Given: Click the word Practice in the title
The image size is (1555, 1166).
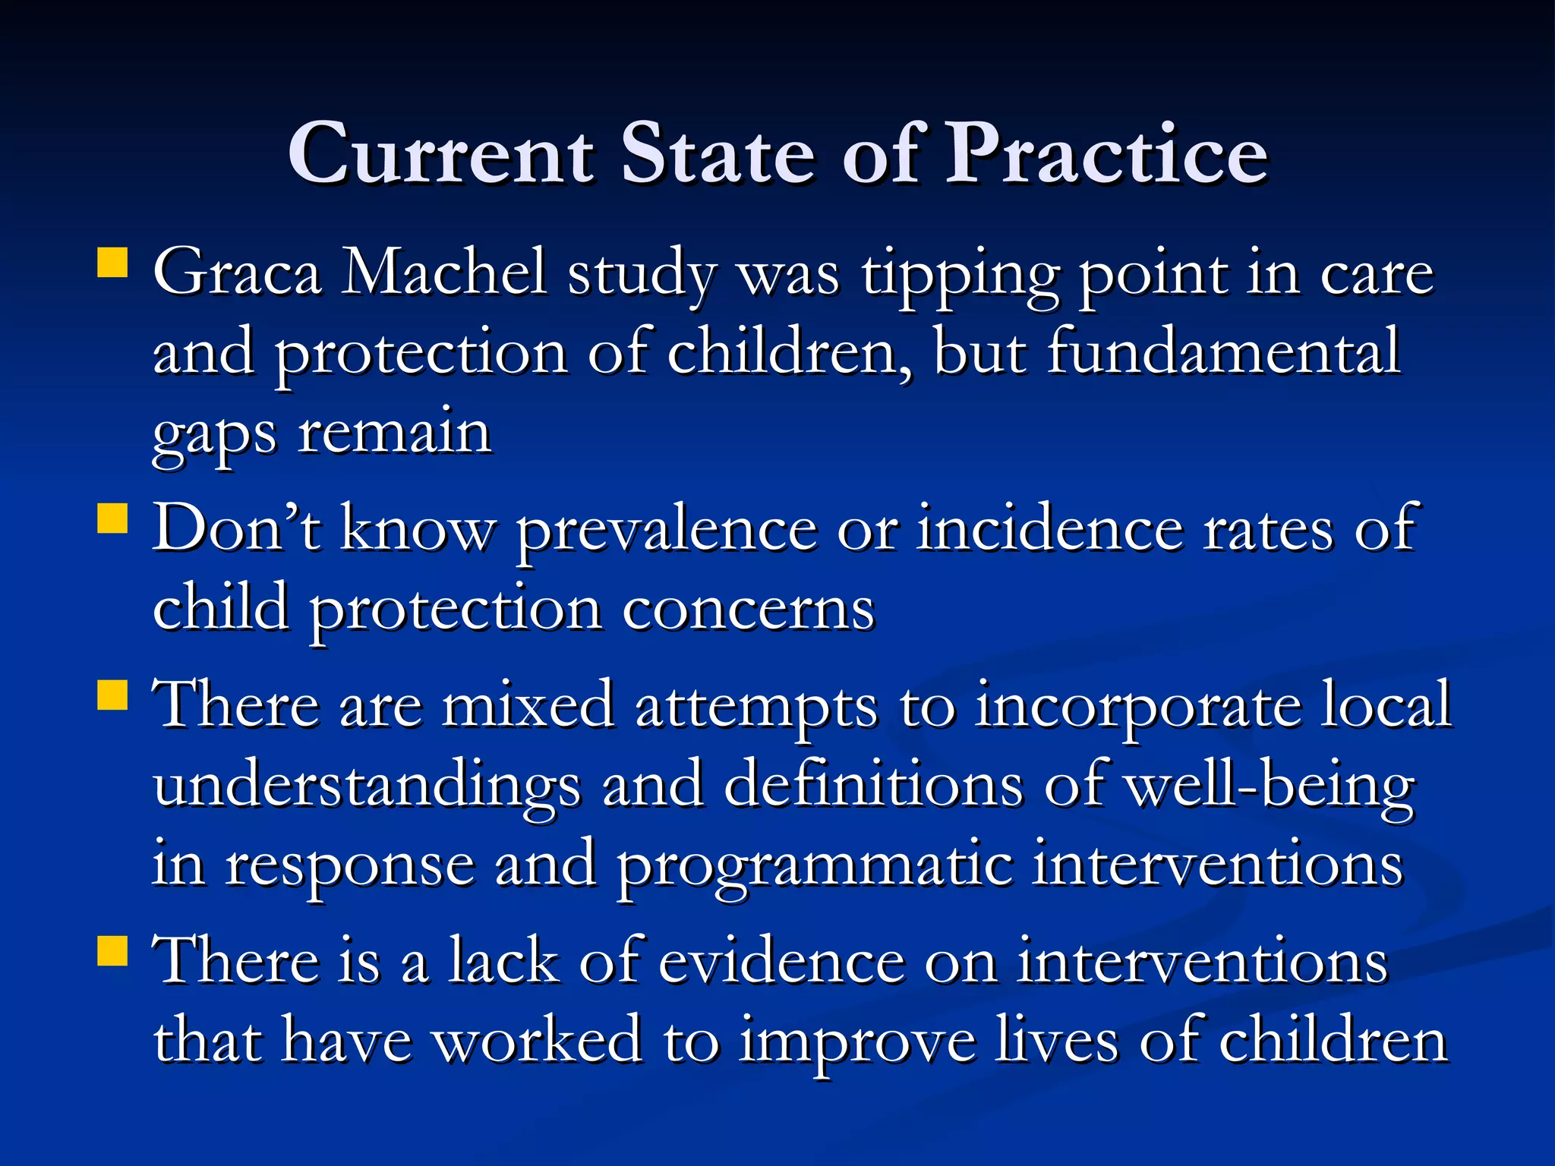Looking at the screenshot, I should pos(1106,154).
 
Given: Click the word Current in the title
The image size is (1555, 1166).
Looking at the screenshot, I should pos(440,154).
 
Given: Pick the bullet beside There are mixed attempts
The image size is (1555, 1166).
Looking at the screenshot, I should pos(112,694).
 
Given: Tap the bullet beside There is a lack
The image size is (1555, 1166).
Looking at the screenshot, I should pos(112,950).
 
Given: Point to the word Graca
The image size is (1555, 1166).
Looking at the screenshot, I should pos(238,273).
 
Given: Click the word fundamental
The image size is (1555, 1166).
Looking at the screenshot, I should pos(1223,351).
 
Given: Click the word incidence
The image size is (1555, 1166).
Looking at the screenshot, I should pos(1049,528).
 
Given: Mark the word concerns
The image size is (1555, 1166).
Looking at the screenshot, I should pos(749,609).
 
